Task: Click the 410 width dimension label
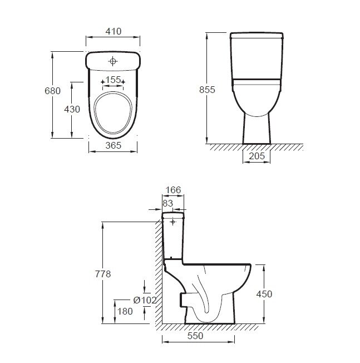[x=114, y=31]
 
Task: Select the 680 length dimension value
[x=52, y=91]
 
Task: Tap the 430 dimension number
[x=72, y=109]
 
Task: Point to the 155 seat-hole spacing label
[x=113, y=80]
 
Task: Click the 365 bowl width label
[x=114, y=145]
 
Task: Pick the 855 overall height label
[x=207, y=90]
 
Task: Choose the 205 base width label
[x=257, y=156]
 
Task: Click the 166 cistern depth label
[x=173, y=190]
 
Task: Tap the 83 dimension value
[x=167, y=203]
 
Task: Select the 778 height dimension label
[x=103, y=274]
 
